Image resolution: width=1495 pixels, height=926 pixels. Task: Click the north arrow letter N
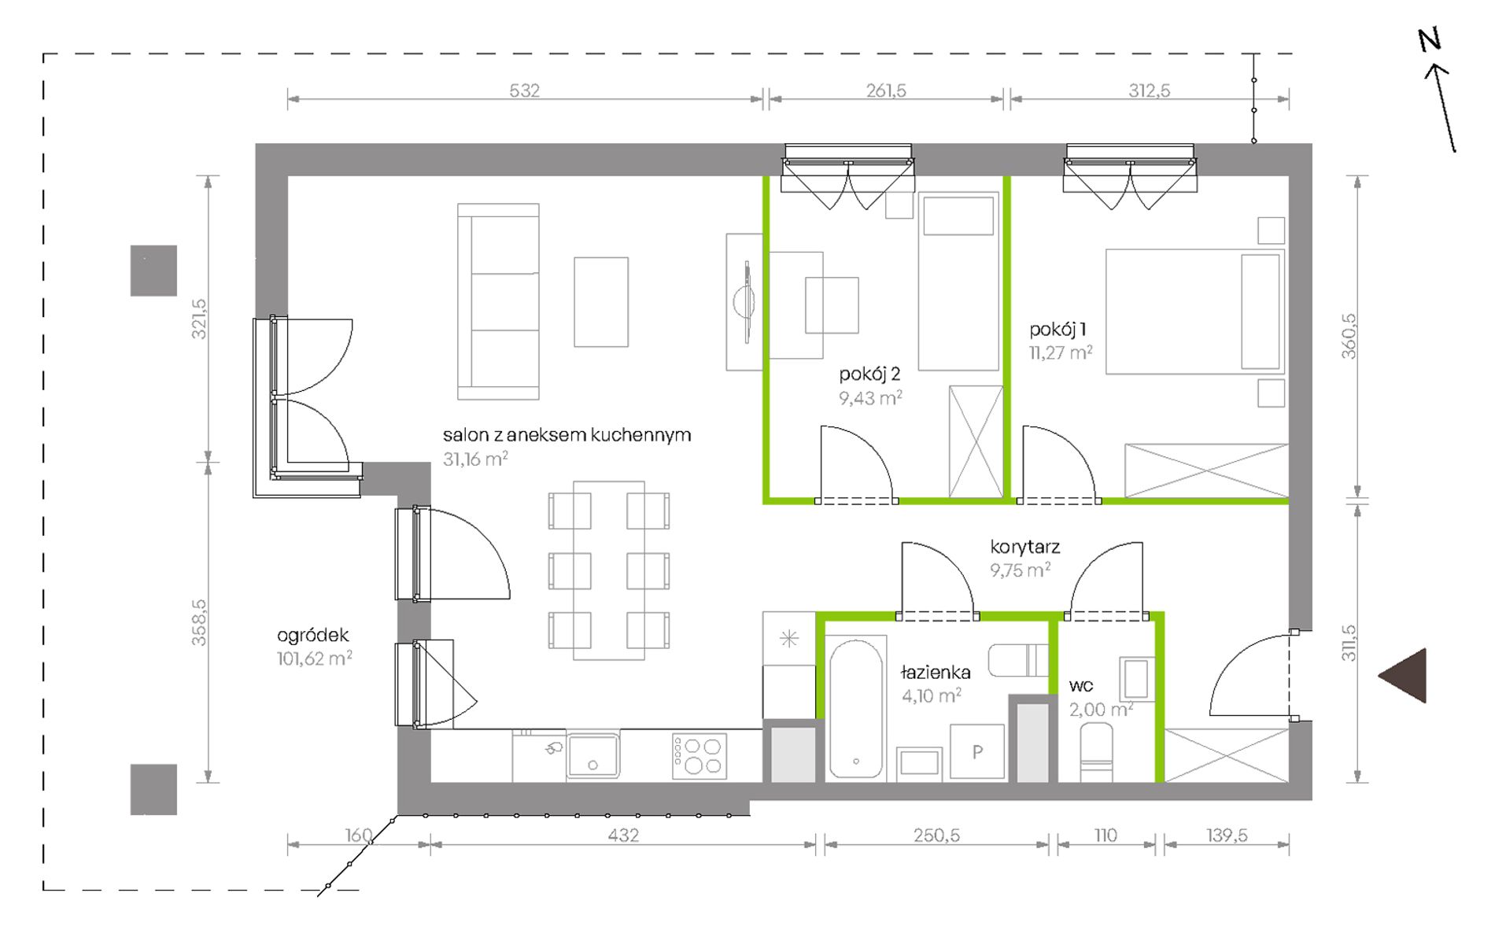click(1430, 39)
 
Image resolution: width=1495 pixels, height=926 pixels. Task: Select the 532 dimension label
click(524, 90)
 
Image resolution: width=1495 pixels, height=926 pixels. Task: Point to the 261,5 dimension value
click(886, 90)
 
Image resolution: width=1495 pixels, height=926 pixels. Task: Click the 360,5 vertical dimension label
click(1349, 337)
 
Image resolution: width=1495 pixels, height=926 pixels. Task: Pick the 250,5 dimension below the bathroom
click(936, 835)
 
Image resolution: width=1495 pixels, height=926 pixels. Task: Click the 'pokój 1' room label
click(1058, 330)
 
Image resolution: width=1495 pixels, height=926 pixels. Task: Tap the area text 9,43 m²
click(870, 398)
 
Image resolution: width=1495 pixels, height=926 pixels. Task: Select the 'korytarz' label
click(1024, 547)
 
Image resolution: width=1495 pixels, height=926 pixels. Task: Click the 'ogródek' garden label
click(312, 636)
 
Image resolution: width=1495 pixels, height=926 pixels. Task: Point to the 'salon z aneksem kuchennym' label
click(567, 434)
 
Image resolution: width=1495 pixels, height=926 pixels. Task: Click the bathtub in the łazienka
click(855, 710)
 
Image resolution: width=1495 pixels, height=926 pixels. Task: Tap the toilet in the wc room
click(1097, 753)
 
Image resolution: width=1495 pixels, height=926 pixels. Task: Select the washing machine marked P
click(977, 752)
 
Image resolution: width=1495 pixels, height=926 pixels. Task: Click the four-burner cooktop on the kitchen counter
click(699, 756)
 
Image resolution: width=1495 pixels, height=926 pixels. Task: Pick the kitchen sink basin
click(592, 755)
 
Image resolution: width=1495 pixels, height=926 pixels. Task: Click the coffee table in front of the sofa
click(601, 302)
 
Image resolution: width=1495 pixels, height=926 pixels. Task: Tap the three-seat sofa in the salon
click(498, 301)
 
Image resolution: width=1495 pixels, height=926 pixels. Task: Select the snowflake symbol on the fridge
click(789, 638)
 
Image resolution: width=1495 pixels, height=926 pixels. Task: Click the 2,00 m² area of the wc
click(1101, 709)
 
